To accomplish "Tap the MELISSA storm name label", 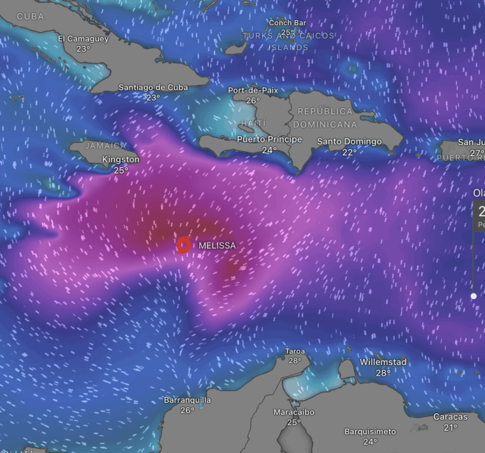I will tap(217, 245).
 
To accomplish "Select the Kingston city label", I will tap(121, 160).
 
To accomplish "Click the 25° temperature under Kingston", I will tap(121, 170).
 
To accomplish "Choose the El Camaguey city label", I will tap(84, 38).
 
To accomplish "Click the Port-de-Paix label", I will tap(253, 91).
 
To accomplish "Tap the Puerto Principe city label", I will tap(270, 139).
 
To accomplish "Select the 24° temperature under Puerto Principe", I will tap(270, 150).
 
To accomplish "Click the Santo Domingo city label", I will tap(350, 141).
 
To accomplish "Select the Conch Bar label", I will tap(288, 22).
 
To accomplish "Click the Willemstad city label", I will tap(383, 362).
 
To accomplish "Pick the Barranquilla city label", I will tap(187, 400).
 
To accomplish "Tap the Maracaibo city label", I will tap(294, 413).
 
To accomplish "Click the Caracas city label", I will tap(450, 417).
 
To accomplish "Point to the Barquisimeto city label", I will tap(370, 431).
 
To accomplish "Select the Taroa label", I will tap(295, 351).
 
